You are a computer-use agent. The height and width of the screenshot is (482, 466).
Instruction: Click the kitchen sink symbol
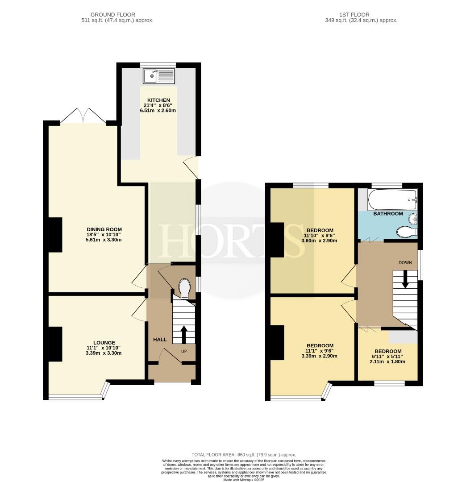[x=158, y=76]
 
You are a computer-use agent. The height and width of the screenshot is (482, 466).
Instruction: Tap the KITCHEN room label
[x=158, y=100]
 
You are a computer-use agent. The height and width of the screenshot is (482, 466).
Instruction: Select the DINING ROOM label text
[x=104, y=229]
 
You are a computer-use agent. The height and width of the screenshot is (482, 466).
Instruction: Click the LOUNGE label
[x=104, y=343]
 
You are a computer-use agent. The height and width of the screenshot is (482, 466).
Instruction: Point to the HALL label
[x=160, y=339]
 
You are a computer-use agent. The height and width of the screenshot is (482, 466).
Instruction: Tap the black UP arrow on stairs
[x=184, y=335]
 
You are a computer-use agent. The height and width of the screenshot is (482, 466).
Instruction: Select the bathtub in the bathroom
[x=392, y=199]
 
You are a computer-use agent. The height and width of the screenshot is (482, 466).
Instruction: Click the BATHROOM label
[x=388, y=214]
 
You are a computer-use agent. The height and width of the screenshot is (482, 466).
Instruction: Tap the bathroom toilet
[x=407, y=232]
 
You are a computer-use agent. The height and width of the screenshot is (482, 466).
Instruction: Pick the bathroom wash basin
[x=413, y=219]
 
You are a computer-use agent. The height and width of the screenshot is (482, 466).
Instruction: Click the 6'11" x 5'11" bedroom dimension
[x=387, y=357]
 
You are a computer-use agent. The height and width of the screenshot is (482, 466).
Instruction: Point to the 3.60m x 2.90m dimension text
[x=320, y=241]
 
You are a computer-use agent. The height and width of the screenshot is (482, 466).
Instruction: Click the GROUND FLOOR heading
[x=113, y=15]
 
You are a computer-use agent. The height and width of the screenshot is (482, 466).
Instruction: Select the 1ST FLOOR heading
[x=354, y=15]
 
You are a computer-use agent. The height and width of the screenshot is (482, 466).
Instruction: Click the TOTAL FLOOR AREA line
[x=244, y=455]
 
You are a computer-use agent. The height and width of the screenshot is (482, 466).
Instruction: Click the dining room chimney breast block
[x=55, y=235]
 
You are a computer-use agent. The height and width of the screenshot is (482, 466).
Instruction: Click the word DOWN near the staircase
[x=405, y=262]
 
